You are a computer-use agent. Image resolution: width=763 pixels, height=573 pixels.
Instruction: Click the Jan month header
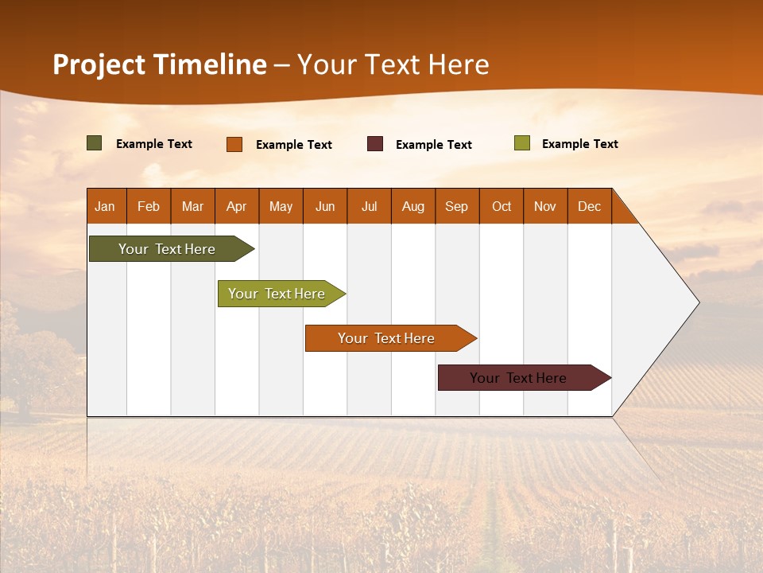(106, 206)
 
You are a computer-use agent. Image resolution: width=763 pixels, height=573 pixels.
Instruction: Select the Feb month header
(149, 206)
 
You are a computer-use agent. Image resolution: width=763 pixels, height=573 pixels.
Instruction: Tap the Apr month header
(237, 206)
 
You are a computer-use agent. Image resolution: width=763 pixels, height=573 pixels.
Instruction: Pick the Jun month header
(325, 206)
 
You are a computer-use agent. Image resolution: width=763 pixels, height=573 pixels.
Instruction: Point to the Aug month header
(413, 206)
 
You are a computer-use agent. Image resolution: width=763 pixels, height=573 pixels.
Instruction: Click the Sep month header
(457, 206)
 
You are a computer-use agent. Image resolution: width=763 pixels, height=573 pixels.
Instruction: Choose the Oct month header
(502, 206)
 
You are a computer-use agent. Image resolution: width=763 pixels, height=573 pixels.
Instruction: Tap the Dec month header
(590, 206)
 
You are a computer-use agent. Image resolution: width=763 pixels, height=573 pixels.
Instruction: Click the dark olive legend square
(95, 143)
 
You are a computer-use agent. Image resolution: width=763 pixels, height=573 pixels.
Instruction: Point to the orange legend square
(234, 144)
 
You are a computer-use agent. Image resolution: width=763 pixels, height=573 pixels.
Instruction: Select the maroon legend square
(375, 144)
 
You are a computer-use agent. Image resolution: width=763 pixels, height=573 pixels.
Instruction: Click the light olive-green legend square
(522, 143)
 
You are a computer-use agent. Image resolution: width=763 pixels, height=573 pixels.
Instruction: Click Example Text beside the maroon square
(434, 144)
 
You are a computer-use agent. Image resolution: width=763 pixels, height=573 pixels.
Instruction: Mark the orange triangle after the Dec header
(621, 212)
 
